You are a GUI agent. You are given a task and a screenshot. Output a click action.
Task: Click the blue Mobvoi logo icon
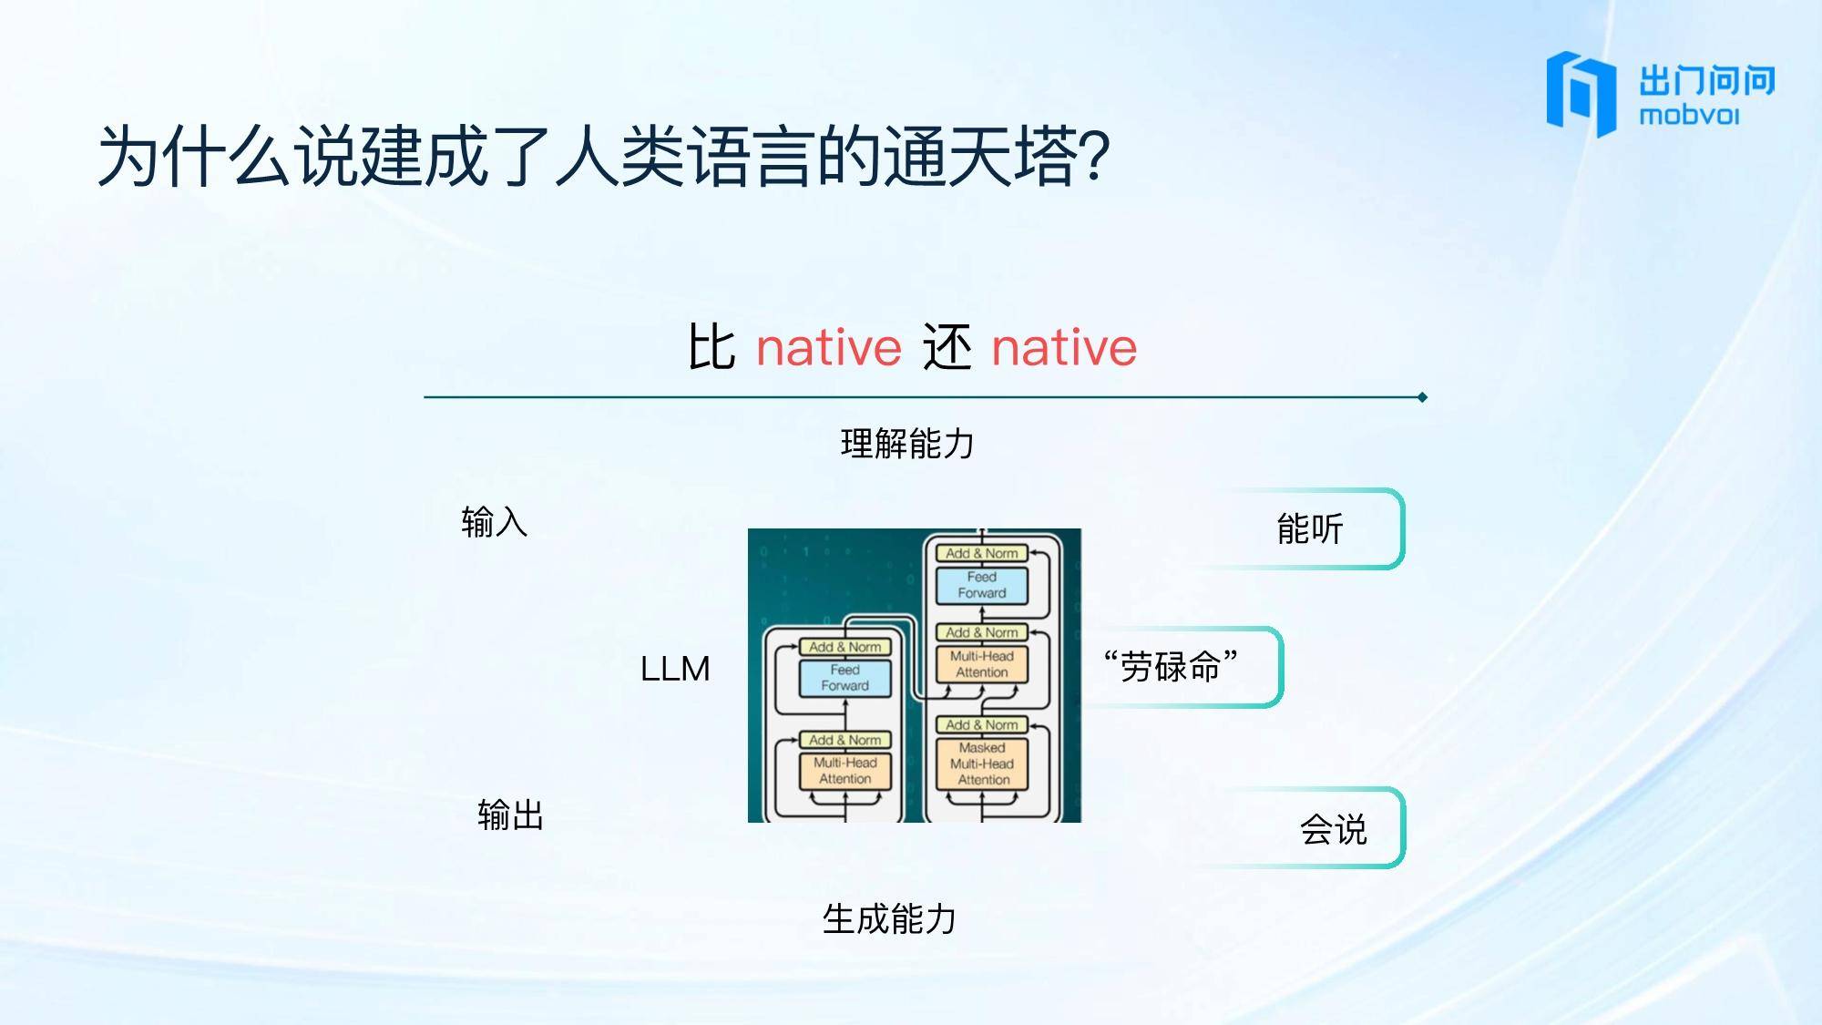click(x=1581, y=94)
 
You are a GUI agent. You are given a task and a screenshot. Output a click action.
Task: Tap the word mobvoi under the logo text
click(x=1689, y=116)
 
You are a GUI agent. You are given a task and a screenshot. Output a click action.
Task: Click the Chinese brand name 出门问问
click(x=1707, y=80)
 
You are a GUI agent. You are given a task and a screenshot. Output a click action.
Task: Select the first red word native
click(x=829, y=348)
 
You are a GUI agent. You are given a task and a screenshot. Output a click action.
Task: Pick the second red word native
click(x=1064, y=348)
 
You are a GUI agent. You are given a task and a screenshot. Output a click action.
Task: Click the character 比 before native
click(x=711, y=347)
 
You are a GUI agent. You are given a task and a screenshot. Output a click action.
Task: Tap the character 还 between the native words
click(x=947, y=347)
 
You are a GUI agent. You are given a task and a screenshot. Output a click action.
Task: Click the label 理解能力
click(x=907, y=444)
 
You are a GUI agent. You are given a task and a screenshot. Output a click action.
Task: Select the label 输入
click(x=495, y=522)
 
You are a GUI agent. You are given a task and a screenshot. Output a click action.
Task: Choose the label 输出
click(x=511, y=815)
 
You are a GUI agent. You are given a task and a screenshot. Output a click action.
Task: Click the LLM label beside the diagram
click(x=675, y=669)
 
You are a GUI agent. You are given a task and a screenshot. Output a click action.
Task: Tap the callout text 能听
click(x=1310, y=528)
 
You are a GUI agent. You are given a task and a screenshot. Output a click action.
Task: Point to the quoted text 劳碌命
click(x=1171, y=667)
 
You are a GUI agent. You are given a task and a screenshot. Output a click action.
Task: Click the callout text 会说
click(x=1334, y=829)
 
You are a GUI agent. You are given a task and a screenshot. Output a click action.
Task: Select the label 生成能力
click(x=889, y=918)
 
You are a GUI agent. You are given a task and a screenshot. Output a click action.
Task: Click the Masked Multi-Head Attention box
click(x=983, y=764)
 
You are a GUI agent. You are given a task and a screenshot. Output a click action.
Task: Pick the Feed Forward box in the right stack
click(x=982, y=585)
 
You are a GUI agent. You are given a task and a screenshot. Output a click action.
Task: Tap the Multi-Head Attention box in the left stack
click(x=845, y=771)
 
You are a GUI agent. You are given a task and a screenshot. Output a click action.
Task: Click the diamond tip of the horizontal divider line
click(x=1422, y=397)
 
